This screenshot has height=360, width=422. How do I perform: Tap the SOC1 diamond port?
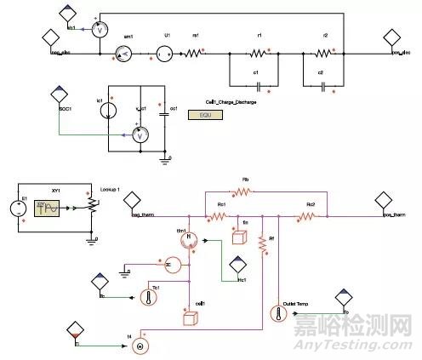click(x=59, y=97)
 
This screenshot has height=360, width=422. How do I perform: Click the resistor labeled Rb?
click(x=244, y=192)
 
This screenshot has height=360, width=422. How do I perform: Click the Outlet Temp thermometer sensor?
click(x=278, y=312)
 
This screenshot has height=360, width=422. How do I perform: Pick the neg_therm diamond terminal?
click(x=132, y=203)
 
